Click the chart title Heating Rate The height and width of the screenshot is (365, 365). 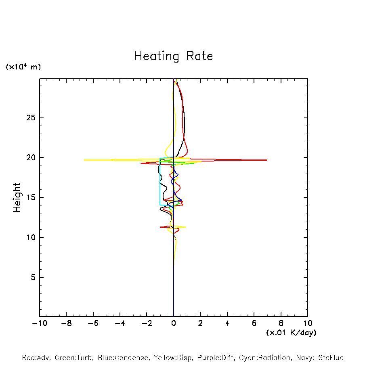click(x=173, y=56)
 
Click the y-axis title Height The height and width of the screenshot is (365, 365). click(x=17, y=197)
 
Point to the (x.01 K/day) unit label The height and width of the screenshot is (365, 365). click(x=291, y=333)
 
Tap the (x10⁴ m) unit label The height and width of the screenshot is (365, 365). click(x=23, y=67)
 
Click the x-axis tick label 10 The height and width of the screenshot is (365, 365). click(x=307, y=323)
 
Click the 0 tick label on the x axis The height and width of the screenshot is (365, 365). click(x=174, y=323)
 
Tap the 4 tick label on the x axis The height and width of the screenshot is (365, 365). click(x=227, y=323)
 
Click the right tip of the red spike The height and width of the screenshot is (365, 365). click(x=267, y=160)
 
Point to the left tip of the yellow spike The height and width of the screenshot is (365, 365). click(x=84, y=160)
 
